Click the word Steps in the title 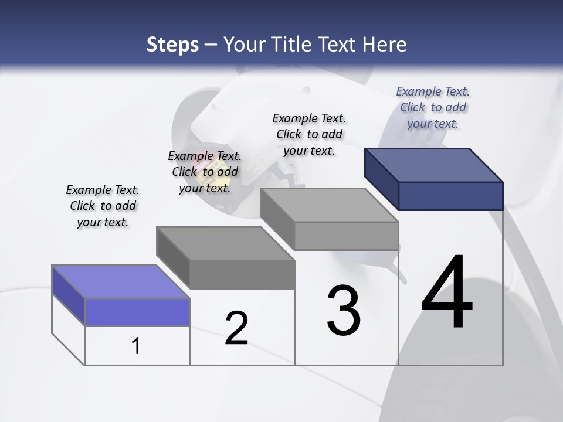point(172,45)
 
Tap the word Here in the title point(385,45)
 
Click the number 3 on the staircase point(344,311)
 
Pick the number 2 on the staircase point(236,328)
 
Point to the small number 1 point(136,346)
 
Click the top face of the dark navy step point(434,165)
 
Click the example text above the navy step point(433,107)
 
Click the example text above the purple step point(103,206)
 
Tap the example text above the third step point(309,134)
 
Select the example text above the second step point(205,172)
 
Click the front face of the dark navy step point(450,196)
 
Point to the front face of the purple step point(137,312)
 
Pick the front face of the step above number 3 point(346,236)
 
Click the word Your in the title point(242,45)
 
